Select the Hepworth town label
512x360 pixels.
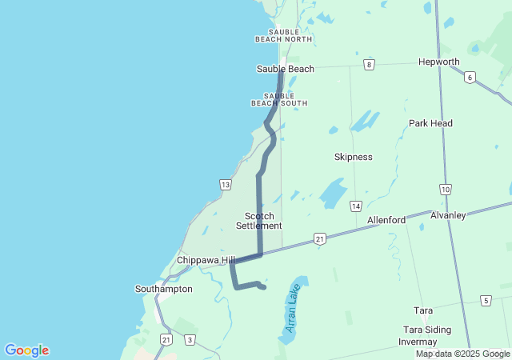coord(439,62)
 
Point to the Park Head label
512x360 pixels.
coord(430,123)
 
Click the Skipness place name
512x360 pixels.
coord(353,157)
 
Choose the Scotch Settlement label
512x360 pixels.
coord(259,221)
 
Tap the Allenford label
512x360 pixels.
coord(386,219)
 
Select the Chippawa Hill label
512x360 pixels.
coord(206,260)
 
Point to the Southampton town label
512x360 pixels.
coord(163,289)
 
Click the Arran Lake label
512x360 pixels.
coord(293,308)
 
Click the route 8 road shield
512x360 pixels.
coord(369,64)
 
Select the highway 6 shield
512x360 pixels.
coord(470,77)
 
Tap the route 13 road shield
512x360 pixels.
coord(226,185)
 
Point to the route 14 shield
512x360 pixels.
coord(355,206)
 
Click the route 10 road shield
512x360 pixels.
coord(445,189)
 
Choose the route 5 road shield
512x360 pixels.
coord(486,300)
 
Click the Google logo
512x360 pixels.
coord(27,350)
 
